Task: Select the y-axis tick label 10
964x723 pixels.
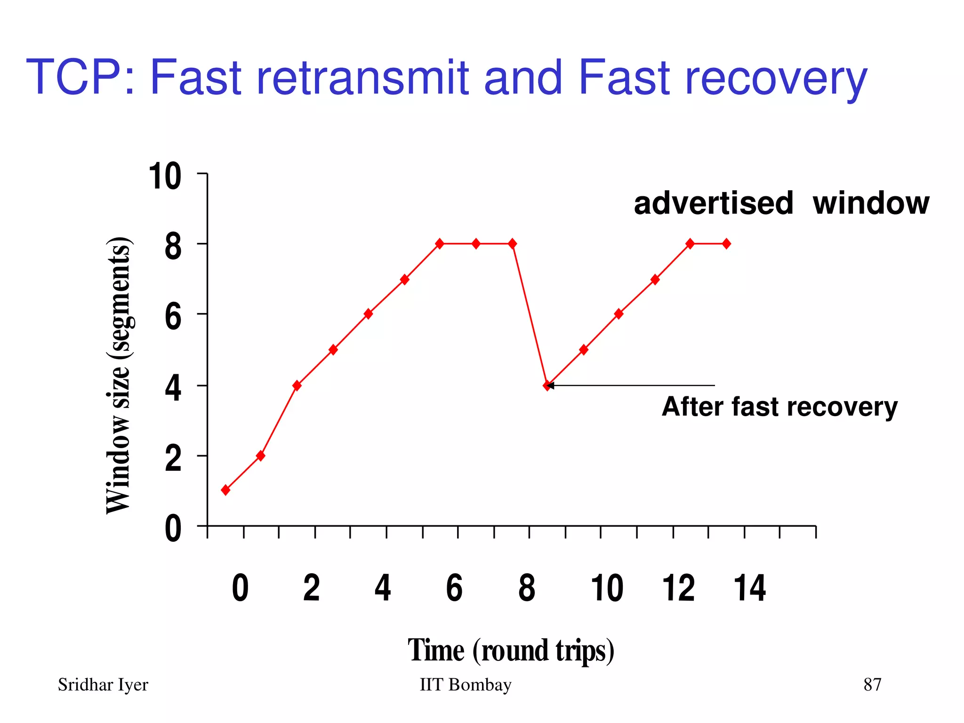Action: pyautogui.click(x=165, y=177)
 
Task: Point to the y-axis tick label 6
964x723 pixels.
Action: pyautogui.click(x=173, y=317)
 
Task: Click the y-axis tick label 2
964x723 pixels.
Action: pyautogui.click(x=173, y=459)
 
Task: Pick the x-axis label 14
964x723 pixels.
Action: pyautogui.click(x=749, y=588)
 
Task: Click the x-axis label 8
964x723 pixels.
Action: pyautogui.click(x=527, y=588)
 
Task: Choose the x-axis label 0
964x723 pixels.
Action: pyautogui.click(x=240, y=588)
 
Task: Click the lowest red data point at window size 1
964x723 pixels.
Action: pyautogui.click(x=225, y=490)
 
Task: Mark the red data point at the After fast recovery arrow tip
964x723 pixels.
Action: pyautogui.click(x=547, y=386)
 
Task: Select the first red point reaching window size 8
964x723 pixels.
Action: pyautogui.click(x=440, y=243)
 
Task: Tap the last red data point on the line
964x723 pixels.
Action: pyautogui.click(x=726, y=243)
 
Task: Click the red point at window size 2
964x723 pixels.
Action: pyautogui.click(x=260, y=456)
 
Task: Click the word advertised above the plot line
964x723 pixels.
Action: pyautogui.click(x=713, y=203)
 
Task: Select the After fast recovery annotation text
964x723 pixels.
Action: pyautogui.click(x=779, y=407)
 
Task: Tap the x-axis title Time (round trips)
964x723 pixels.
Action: pyautogui.click(x=511, y=650)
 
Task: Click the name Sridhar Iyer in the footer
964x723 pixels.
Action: pyautogui.click(x=103, y=685)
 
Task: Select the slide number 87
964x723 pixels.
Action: pyautogui.click(x=872, y=685)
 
